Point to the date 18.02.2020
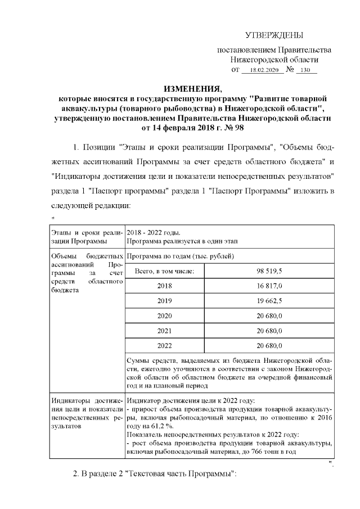click(x=263, y=70)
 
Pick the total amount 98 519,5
click(x=269, y=271)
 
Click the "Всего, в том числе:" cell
click(x=165, y=271)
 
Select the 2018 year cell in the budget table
click(x=165, y=286)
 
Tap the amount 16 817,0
click(x=269, y=286)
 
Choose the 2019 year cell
click(x=165, y=300)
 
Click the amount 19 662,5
click(x=269, y=300)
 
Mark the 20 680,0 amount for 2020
click(x=269, y=316)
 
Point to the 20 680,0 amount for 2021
click(x=269, y=330)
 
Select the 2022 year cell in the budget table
click(x=165, y=345)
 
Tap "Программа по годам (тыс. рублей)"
click(x=181, y=256)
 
